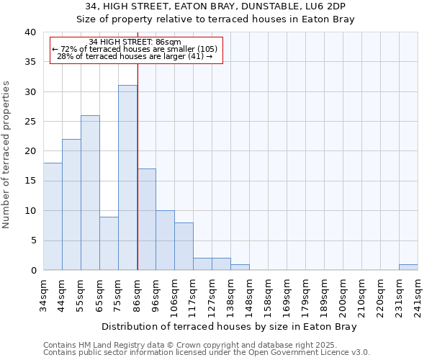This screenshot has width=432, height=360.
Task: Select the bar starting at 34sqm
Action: pos(53,216)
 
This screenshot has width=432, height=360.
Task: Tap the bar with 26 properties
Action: pos(90,192)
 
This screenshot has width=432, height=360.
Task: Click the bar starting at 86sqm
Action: pos(146,220)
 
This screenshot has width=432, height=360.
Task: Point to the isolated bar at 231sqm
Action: pos(408,267)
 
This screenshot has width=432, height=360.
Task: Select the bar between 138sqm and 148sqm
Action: pos(240,267)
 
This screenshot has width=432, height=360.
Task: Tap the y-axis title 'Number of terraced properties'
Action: pos(7,154)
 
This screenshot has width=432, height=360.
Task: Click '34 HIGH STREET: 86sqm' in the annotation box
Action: pos(135,42)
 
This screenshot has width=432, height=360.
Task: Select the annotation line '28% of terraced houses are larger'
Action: pos(135,56)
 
